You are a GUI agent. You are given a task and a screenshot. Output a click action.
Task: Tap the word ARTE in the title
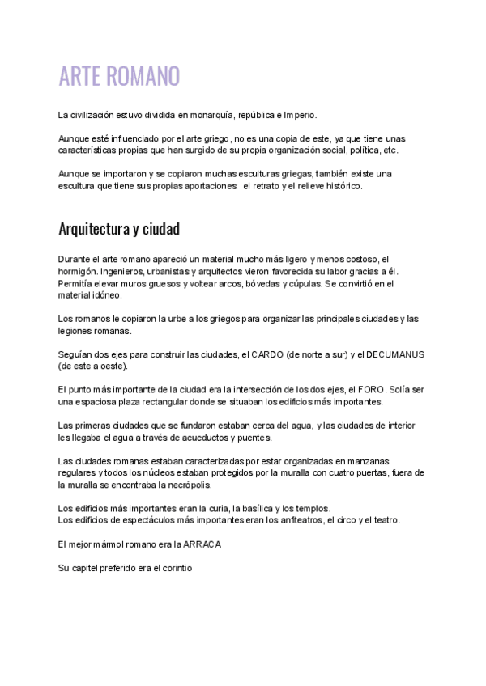pos(79,78)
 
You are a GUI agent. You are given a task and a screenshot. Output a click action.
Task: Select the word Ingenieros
pos(126,271)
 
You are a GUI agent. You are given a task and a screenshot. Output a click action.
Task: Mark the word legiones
pos(76,331)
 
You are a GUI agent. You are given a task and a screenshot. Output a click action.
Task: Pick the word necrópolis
pos(185,485)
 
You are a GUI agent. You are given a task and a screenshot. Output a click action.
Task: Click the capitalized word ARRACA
pos(202,544)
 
